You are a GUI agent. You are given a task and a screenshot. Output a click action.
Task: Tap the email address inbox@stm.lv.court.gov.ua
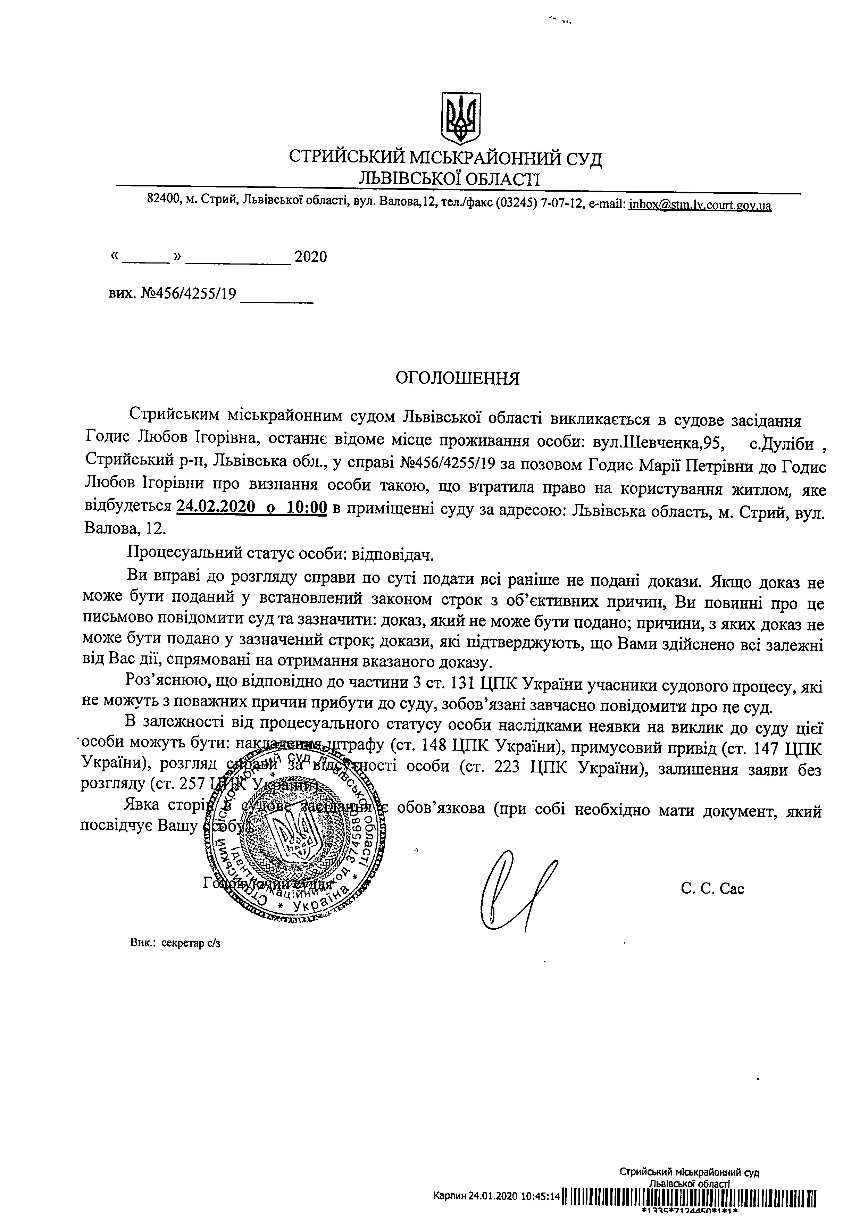[700, 204]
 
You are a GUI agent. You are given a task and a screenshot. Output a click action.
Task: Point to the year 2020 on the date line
[311, 257]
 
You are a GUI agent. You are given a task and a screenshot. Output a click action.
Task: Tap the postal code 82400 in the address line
[162, 200]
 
